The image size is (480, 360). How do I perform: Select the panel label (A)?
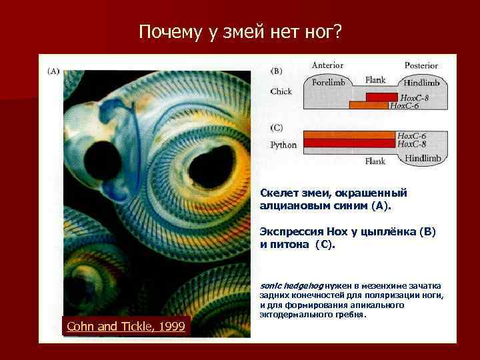click(53, 71)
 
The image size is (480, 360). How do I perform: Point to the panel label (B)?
click(276, 71)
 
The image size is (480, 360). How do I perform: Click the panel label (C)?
click(276, 127)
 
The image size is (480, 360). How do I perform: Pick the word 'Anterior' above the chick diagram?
click(327, 65)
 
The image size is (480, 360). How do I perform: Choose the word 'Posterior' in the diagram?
click(421, 65)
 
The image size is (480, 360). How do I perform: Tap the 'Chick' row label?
click(281, 92)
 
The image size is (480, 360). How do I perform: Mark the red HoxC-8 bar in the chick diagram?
click(380, 97)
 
